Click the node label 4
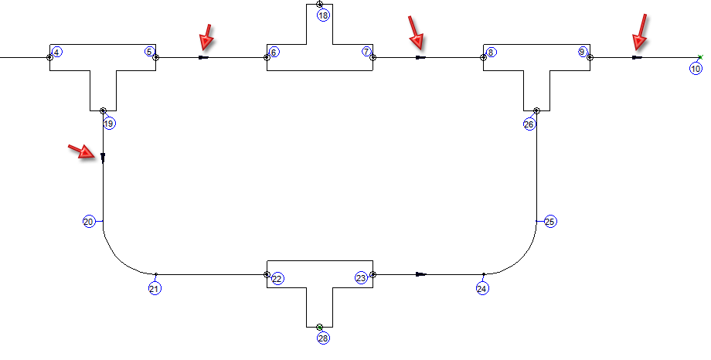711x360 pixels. click(58, 52)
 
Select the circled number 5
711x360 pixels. click(149, 52)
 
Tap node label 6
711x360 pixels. click(274, 52)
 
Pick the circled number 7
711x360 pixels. click(366, 52)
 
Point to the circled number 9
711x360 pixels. click(583, 52)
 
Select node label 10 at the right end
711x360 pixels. click(696, 69)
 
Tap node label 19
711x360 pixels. click(108, 124)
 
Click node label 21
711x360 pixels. click(155, 288)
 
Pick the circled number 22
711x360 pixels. click(277, 278)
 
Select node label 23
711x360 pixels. click(361, 278)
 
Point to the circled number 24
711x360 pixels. click(482, 288)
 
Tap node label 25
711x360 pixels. click(550, 222)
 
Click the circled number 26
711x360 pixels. click(529, 124)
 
